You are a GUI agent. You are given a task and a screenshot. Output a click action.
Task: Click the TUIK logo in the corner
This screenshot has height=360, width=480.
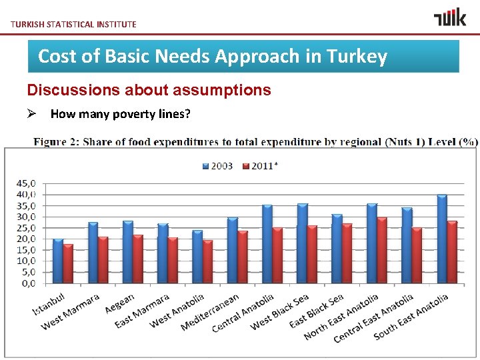pyautogui.click(x=450, y=17)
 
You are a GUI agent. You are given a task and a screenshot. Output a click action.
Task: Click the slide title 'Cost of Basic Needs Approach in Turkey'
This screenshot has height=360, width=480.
pyautogui.click(x=213, y=56)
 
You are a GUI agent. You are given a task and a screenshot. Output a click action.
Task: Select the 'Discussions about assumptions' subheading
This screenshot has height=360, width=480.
pyautogui.click(x=149, y=90)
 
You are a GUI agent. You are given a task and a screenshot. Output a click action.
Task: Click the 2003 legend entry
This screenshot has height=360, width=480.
pyautogui.click(x=218, y=165)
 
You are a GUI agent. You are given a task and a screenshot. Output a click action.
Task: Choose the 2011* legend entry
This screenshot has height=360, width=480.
pyautogui.click(x=259, y=165)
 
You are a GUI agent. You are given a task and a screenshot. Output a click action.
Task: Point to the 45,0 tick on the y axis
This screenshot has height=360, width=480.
pyautogui.click(x=27, y=183)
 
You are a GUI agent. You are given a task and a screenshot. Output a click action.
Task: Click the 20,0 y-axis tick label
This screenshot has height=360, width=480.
pyautogui.click(x=27, y=239)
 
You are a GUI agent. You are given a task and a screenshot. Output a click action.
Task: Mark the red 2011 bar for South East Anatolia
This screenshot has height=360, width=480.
pyautogui.click(x=452, y=252)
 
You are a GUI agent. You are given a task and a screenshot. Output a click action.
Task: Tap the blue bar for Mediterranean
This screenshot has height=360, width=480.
pyautogui.click(x=232, y=250)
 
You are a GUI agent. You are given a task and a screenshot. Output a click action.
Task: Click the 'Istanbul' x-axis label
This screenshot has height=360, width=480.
pyautogui.click(x=49, y=303)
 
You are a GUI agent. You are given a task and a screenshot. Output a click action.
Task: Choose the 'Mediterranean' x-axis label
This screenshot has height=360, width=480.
pyautogui.click(x=211, y=312)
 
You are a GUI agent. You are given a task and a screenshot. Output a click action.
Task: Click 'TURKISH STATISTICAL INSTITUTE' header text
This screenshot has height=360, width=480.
pyautogui.click(x=73, y=24)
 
